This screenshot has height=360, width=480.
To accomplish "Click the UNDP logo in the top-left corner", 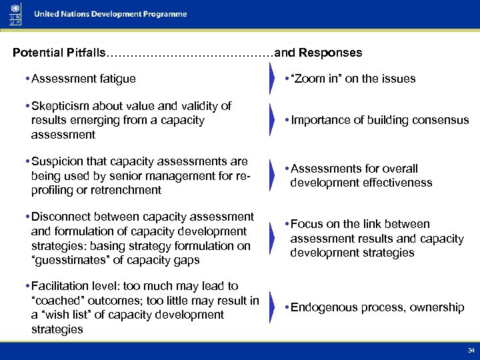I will [x=15, y=14].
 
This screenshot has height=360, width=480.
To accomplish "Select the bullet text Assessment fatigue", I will [x=83, y=79].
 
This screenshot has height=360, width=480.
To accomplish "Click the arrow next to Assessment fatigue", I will [x=271, y=79].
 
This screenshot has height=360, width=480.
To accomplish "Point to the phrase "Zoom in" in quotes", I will [x=314, y=79].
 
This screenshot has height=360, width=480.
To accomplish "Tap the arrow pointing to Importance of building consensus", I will [x=271, y=121].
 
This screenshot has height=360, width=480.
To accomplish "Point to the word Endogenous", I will [x=325, y=307].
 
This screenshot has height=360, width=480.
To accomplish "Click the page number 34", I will [x=471, y=350].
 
